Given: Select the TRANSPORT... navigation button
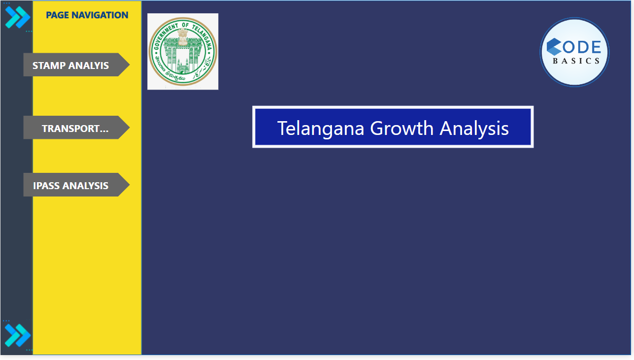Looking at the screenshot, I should pos(75,128).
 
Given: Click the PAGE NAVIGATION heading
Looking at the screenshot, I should pos(87,15).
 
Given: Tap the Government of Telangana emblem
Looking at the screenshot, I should pos(183,51).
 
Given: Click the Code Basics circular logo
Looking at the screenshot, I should pos(574,52).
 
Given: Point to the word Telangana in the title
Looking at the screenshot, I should pos(320,128).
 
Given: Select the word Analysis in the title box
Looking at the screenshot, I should pos(474,128).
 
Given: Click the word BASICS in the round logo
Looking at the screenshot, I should pos(576,61).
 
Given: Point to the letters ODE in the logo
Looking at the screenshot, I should pos(583,47).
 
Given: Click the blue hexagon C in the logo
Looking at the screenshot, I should pos(554,47).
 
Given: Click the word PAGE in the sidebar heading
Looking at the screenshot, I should pos(58,15).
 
